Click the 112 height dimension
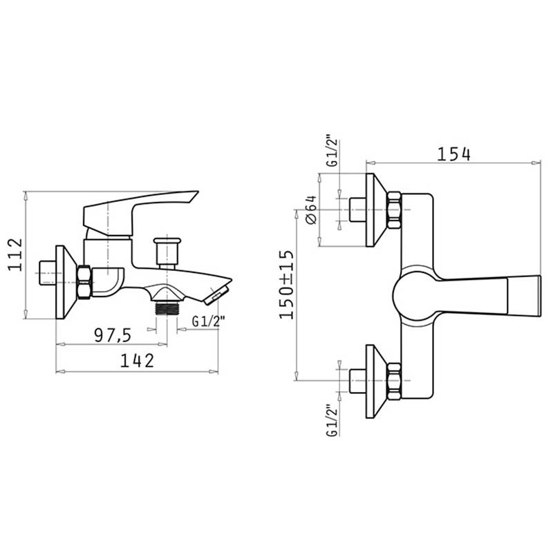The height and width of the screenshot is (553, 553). [15, 254]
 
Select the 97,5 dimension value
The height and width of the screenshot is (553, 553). [113, 335]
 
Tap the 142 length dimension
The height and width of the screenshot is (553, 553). [137, 360]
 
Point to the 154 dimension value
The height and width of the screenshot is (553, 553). [453, 154]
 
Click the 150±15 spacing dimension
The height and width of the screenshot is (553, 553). [286, 285]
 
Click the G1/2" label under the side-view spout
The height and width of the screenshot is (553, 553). [209, 321]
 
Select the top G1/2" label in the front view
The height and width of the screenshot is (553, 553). [332, 151]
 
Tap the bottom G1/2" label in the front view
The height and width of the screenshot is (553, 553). [332, 421]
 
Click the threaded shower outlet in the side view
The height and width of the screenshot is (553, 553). [167, 308]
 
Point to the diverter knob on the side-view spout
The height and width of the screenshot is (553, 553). [167, 253]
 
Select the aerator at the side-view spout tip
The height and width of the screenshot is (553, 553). [216, 295]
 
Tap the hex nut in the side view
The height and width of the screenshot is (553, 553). [85, 282]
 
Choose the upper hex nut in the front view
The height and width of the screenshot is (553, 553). [394, 210]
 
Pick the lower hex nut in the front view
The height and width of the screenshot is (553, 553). [394, 382]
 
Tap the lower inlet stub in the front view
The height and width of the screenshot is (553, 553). [357, 381]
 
